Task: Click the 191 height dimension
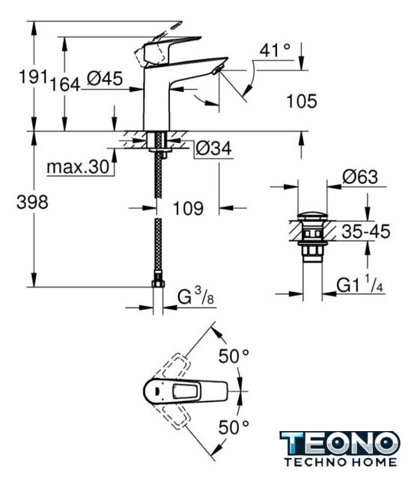33,76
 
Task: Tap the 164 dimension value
65,85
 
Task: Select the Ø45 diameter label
105,79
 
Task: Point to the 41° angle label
275,50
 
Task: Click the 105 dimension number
302,102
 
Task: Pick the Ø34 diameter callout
213,149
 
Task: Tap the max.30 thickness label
78,167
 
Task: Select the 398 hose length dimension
32,202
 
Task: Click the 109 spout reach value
188,209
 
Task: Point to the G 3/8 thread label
196,296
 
